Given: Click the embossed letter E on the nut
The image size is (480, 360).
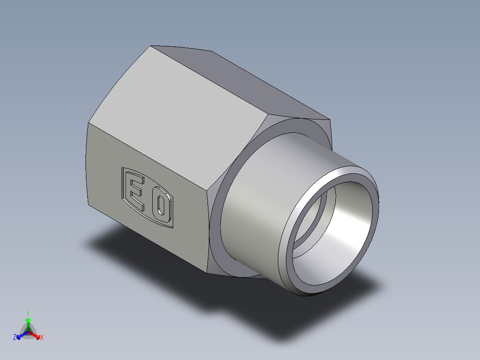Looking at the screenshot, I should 136,192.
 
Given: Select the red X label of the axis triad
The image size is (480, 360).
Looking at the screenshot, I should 42,338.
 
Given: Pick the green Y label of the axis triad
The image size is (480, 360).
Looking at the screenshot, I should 28,313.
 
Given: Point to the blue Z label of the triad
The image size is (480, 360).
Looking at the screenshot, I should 15,338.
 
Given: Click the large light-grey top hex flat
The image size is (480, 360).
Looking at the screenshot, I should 178,111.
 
